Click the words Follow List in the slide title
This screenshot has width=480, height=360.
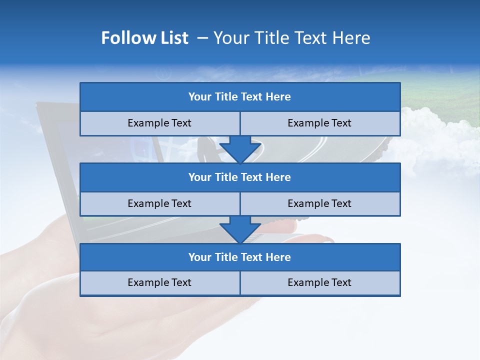click(x=145, y=38)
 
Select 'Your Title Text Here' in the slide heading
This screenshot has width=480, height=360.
click(x=291, y=38)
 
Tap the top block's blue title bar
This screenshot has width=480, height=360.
click(x=240, y=97)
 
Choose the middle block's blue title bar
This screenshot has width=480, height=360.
click(x=240, y=177)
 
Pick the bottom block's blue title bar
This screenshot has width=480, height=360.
click(x=240, y=257)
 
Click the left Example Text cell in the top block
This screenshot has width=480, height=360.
click(x=159, y=123)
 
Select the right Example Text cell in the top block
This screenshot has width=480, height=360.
click(x=319, y=123)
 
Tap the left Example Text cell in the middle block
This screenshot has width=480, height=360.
click(x=159, y=204)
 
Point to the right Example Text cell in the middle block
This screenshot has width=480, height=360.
click(x=319, y=204)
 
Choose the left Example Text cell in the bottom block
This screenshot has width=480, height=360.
click(x=159, y=283)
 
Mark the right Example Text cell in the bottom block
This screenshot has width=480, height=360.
click(x=319, y=283)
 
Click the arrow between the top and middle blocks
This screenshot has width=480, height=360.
click(x=240, y=149)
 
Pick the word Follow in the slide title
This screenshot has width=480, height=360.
click(x=125, y=38)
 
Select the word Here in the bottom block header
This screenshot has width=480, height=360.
click(x=278, y=257)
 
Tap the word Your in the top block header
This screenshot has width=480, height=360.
click(x=200, y=97)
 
